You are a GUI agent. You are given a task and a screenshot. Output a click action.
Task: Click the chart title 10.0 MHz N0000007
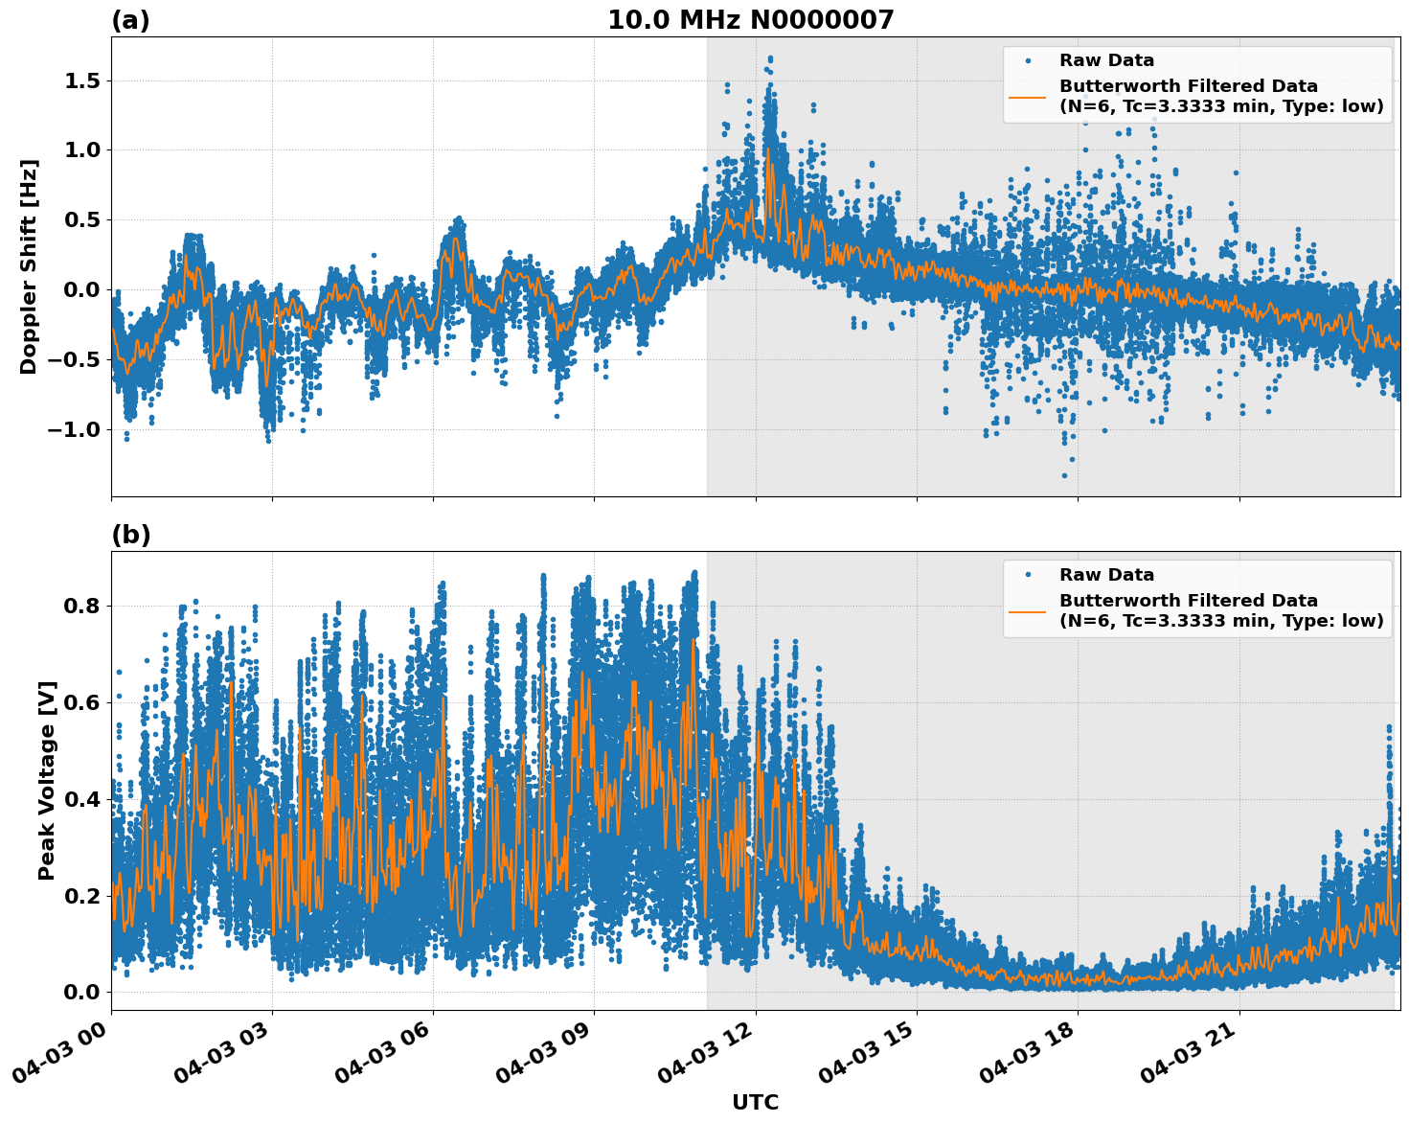click(x=750, y=20)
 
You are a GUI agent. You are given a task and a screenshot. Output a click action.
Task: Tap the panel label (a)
click(x=130, y=20)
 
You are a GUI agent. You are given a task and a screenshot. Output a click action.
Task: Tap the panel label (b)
click(x=130, y=535)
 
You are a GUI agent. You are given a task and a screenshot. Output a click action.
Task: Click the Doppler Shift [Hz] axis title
click(x=29, y=266)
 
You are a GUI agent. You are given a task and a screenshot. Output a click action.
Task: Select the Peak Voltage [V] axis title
click(x=47, y=780)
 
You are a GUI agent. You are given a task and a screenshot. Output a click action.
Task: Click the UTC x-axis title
click(x=755, y=1102)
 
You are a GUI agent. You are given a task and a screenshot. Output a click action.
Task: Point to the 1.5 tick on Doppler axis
click(x=82, y=80)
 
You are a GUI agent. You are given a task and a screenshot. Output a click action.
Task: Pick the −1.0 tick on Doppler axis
click(x=74, y=429)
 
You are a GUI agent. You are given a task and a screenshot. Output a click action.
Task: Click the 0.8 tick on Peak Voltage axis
click(x=82, y=606)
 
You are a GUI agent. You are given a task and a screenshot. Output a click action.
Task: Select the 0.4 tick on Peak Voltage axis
click(x=82, y=799)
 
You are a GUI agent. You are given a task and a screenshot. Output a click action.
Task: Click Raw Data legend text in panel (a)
click(x=1106, y=60)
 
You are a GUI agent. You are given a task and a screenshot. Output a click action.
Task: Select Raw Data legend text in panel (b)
click(x=1106, y=575)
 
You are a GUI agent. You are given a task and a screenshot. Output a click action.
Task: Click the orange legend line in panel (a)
click(x=1027, y=97)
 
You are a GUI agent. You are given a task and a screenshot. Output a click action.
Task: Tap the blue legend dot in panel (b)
click(x=1028, y=575)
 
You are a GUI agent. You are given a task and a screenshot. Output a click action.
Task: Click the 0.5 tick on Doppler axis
click(x=82, y=219)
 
